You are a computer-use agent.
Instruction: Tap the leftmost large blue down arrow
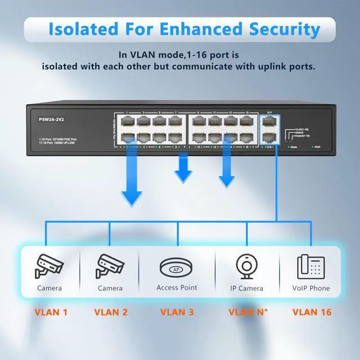(132, 180)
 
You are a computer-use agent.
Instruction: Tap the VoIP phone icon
(311, 267)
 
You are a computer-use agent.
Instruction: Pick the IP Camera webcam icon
(246, 267)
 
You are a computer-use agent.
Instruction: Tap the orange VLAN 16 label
(312, 312)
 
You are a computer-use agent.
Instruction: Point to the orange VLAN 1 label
(51, 312)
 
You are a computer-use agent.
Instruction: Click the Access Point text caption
(177, 287)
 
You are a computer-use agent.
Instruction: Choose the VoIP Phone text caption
(311, 288)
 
